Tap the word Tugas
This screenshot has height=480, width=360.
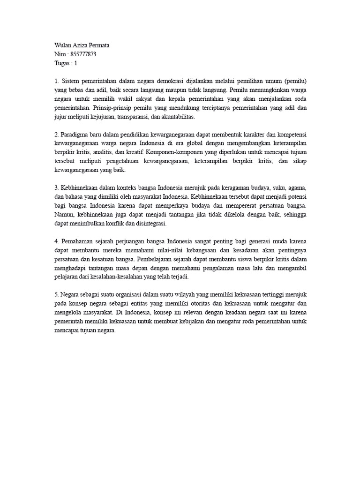[x=63, y=63]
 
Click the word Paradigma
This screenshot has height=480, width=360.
[x=75, y=134]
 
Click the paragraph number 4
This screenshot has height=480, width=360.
[x=56, y=241]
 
